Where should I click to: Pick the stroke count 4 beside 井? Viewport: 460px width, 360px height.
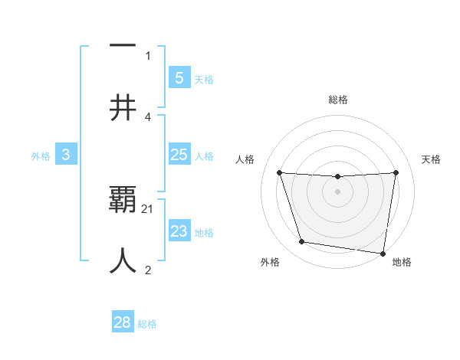click(x=148, y=116)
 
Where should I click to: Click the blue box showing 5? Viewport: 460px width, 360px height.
click(x=179, y=77)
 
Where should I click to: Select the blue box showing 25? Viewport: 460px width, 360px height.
click(x=179, y=155)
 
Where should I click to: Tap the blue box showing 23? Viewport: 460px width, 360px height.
click(x=179, y=231)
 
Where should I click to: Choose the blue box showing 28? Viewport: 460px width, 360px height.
click(x=123, y=322)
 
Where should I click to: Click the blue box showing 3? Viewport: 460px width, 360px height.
click(x=66, y=155)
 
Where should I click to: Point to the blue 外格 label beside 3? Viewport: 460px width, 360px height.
click(x=41, y=155)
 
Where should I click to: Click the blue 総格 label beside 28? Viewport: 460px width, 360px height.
click(x=147, y=323)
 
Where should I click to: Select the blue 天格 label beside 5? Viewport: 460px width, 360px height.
click(x=204, y=79)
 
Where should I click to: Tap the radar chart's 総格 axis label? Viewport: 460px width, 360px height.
click(x=338, y=100)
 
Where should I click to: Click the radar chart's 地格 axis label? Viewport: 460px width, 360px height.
click(x=402, y=263)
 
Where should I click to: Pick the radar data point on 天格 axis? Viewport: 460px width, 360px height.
click(x=396, y=172)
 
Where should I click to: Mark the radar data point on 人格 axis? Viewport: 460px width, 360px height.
click(x=279, y=173)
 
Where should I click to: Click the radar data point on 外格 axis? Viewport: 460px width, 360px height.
click(x=302, y=242)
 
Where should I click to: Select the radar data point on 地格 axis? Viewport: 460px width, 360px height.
click(x=383, y=253)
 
